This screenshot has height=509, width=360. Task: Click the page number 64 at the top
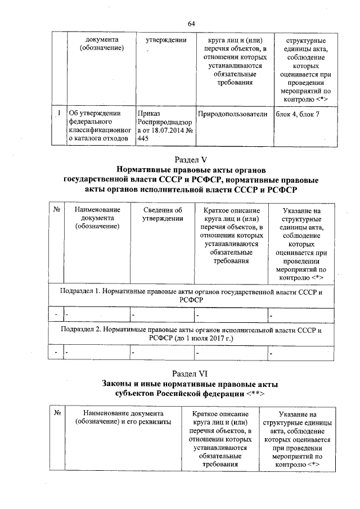(x=191, y=23)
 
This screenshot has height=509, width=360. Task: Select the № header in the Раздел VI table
(x=57, y=413)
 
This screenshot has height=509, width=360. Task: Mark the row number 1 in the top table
(x=58, y=114)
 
